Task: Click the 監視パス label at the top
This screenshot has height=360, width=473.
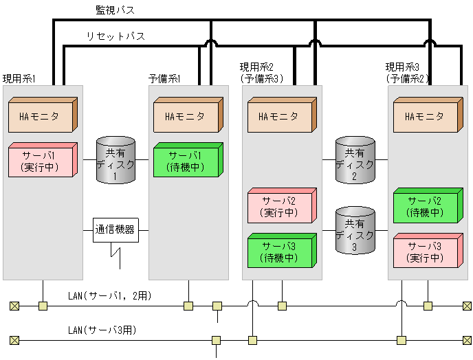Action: coord(115,10)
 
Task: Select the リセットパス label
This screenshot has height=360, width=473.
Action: coord(115,36)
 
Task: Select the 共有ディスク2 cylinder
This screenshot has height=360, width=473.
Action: coord(355,161)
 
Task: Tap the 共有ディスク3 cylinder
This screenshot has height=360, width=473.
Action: coord(355,230)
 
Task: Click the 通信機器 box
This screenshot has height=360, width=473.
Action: coord(115,229)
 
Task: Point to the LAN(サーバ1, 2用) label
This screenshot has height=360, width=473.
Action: coord(110,296)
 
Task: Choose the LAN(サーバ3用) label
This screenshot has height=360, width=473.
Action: coord(102,330)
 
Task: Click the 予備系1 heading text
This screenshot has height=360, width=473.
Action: coord(164,78)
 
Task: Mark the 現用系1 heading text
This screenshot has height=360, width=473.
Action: coord(19,78)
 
